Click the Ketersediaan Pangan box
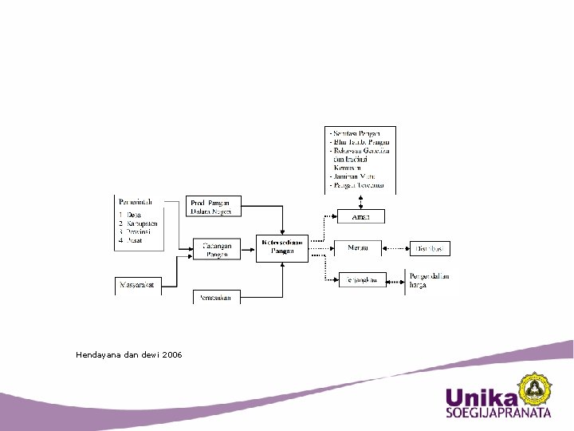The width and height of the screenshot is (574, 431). tap(282, 247)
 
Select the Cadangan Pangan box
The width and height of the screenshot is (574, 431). tap(216, 250)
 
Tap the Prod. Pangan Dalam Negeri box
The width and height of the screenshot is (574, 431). tap(212, 206)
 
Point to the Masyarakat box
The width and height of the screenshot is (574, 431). tap(138, 284)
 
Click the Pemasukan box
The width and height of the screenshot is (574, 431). tap(216, 297)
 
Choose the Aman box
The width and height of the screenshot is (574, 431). tap(360, 216)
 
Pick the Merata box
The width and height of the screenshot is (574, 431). tap(358, 248)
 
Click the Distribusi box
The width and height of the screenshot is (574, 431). tap(431, 249)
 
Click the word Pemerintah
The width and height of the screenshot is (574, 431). tap(136, 202)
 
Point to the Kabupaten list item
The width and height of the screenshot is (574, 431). tap(140, 223)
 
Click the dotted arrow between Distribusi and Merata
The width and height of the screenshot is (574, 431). tap(396, 249)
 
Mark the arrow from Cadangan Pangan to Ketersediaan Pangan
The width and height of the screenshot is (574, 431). tap(247, 249)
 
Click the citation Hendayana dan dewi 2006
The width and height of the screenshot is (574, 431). tap(128, 354)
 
